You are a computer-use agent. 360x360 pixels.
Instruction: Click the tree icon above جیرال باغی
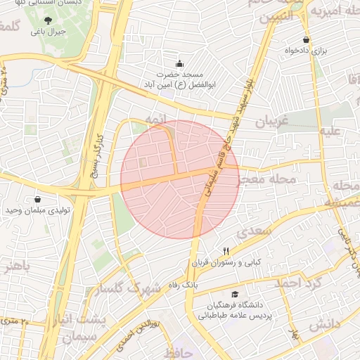[48, 21]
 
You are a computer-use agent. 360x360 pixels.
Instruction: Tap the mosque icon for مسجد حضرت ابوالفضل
[179, 63]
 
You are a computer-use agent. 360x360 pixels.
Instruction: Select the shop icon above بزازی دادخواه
[306, 40]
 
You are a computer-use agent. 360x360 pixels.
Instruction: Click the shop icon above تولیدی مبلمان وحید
[37, 199]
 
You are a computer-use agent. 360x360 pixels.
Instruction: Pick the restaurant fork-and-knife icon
[226, 251]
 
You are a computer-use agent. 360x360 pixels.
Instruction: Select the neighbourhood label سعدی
[252, 231]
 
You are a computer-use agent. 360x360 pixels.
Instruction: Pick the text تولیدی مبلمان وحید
[37, 210]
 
